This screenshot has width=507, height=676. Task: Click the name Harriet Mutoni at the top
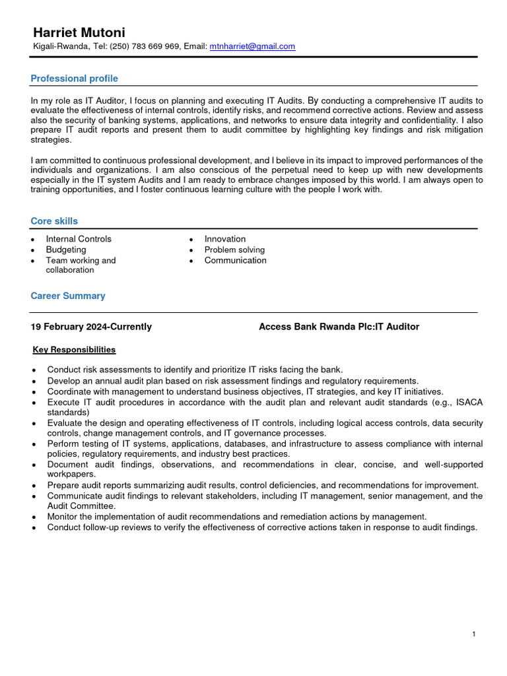click(79, 32)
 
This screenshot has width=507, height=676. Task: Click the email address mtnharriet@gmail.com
click(252, 46)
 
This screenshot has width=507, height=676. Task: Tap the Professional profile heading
click(74, 79)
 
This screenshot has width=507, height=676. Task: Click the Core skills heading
click(54, 221)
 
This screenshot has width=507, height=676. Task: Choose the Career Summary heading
click(68, 296)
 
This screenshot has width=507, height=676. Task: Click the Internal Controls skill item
click(79, 239)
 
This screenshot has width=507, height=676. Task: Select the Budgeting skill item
click(66, 250)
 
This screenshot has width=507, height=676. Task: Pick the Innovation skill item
click(225, 239)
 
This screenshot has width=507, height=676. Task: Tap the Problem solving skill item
click(234, 250)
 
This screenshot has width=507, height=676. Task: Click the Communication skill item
click(236, 260)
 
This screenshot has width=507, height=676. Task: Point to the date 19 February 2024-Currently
click(91, 327)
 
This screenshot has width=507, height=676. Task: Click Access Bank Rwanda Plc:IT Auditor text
click(339, 327)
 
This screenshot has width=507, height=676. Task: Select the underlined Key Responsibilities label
click(74, 349)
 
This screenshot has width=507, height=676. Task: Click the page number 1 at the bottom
click(474, 634)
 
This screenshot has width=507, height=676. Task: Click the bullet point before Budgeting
click(33, 250)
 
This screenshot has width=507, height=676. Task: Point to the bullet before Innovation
click(191, 240)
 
